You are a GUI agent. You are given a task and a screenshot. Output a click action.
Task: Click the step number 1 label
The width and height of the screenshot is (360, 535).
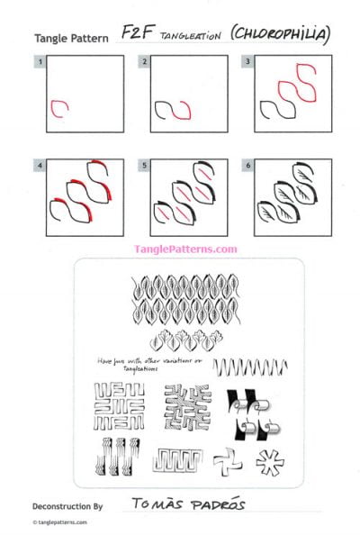pyautogui.click(x=39, y=62)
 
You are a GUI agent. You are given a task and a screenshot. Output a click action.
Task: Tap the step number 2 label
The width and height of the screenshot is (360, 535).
pyautogui.click(x=144, y=62)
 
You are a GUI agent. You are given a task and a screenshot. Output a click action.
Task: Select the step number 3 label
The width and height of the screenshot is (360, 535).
pyautogui.click(x=249, y=62)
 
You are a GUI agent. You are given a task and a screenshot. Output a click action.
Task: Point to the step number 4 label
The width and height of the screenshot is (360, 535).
pyautogui.click(x=39, y=166)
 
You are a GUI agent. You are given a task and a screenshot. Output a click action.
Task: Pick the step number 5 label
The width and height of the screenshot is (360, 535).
pyautogui.click(x=144, y=166)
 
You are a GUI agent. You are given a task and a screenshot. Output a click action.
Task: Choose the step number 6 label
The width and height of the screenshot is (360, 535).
pyautogui.click(x=249, y=166)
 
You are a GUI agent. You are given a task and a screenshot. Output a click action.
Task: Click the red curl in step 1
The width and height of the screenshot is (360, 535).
pyautogui.click(x=59, y=108)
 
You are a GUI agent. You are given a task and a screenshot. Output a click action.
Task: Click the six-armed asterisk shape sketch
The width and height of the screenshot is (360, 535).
pyautogui.click(x=267, y=462)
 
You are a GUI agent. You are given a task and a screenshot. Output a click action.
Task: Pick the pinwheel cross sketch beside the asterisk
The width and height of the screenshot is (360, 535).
pyautogui.click(x=224, y=463)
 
